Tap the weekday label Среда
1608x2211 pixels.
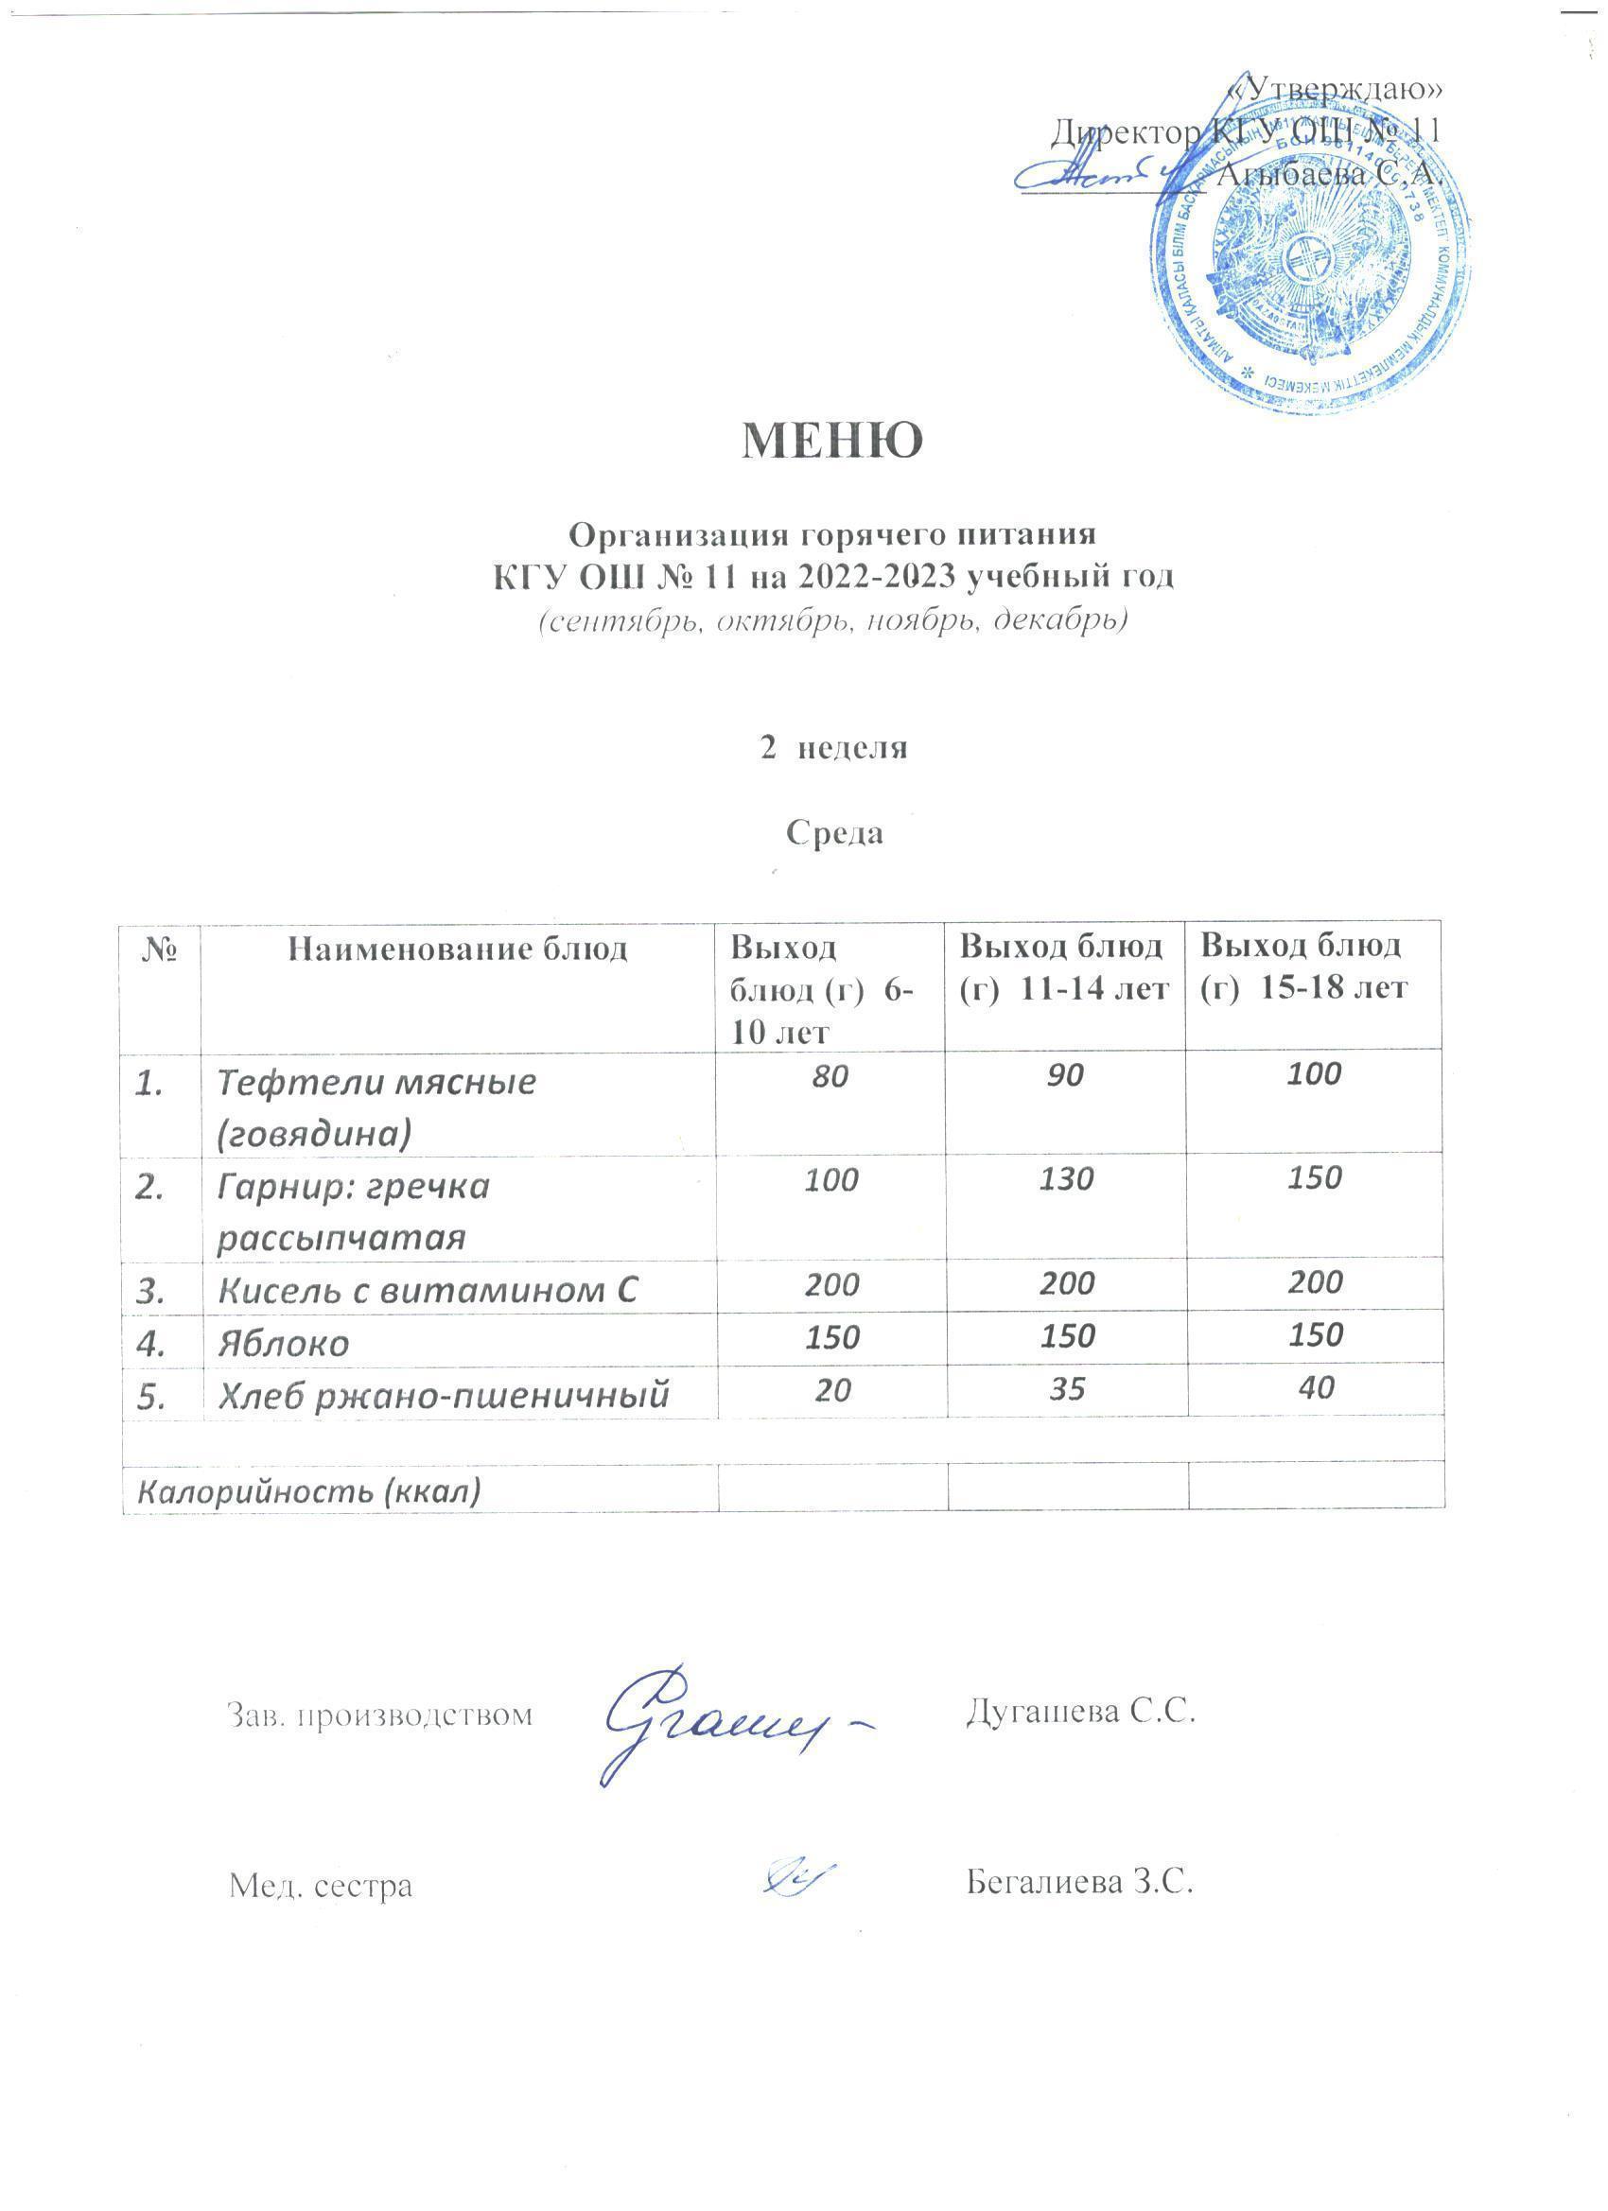click(x=834, y=832)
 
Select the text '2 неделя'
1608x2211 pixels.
click(x=833, y=748)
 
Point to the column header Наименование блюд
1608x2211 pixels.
click(x=458, y=949)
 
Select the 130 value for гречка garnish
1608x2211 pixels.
click(x=1067, y=1180)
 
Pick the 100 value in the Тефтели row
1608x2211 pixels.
click(x=1315, y=1074)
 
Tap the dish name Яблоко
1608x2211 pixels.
click(x=284, y=1345)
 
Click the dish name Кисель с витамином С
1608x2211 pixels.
click(x=428, y=1291)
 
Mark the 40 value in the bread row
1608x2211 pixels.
click(x=1317, y=1387)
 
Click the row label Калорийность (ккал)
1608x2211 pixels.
click(x=310, y=1491)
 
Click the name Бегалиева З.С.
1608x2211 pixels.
click(x=1080, y=1881)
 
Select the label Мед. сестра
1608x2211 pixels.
click(x=321, y=1886)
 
